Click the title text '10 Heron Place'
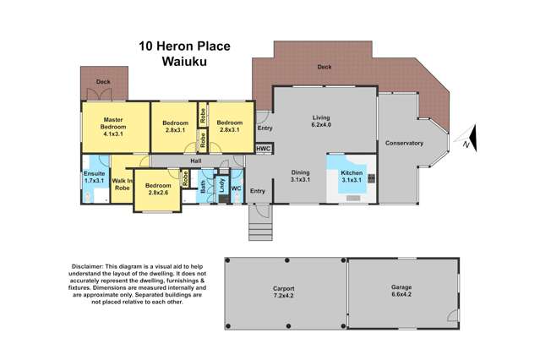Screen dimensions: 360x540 186,45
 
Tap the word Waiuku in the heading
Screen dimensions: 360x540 186,61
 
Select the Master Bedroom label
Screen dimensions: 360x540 114,128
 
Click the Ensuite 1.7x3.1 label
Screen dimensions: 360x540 94,177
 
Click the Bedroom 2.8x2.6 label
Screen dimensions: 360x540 157,189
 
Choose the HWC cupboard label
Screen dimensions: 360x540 265,150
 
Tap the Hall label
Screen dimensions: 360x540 195,161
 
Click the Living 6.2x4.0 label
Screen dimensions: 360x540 322,123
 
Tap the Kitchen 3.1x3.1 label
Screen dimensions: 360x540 352,176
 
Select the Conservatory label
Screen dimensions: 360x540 404,144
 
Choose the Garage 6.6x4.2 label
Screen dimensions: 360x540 401,292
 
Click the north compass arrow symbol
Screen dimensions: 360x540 471,141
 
